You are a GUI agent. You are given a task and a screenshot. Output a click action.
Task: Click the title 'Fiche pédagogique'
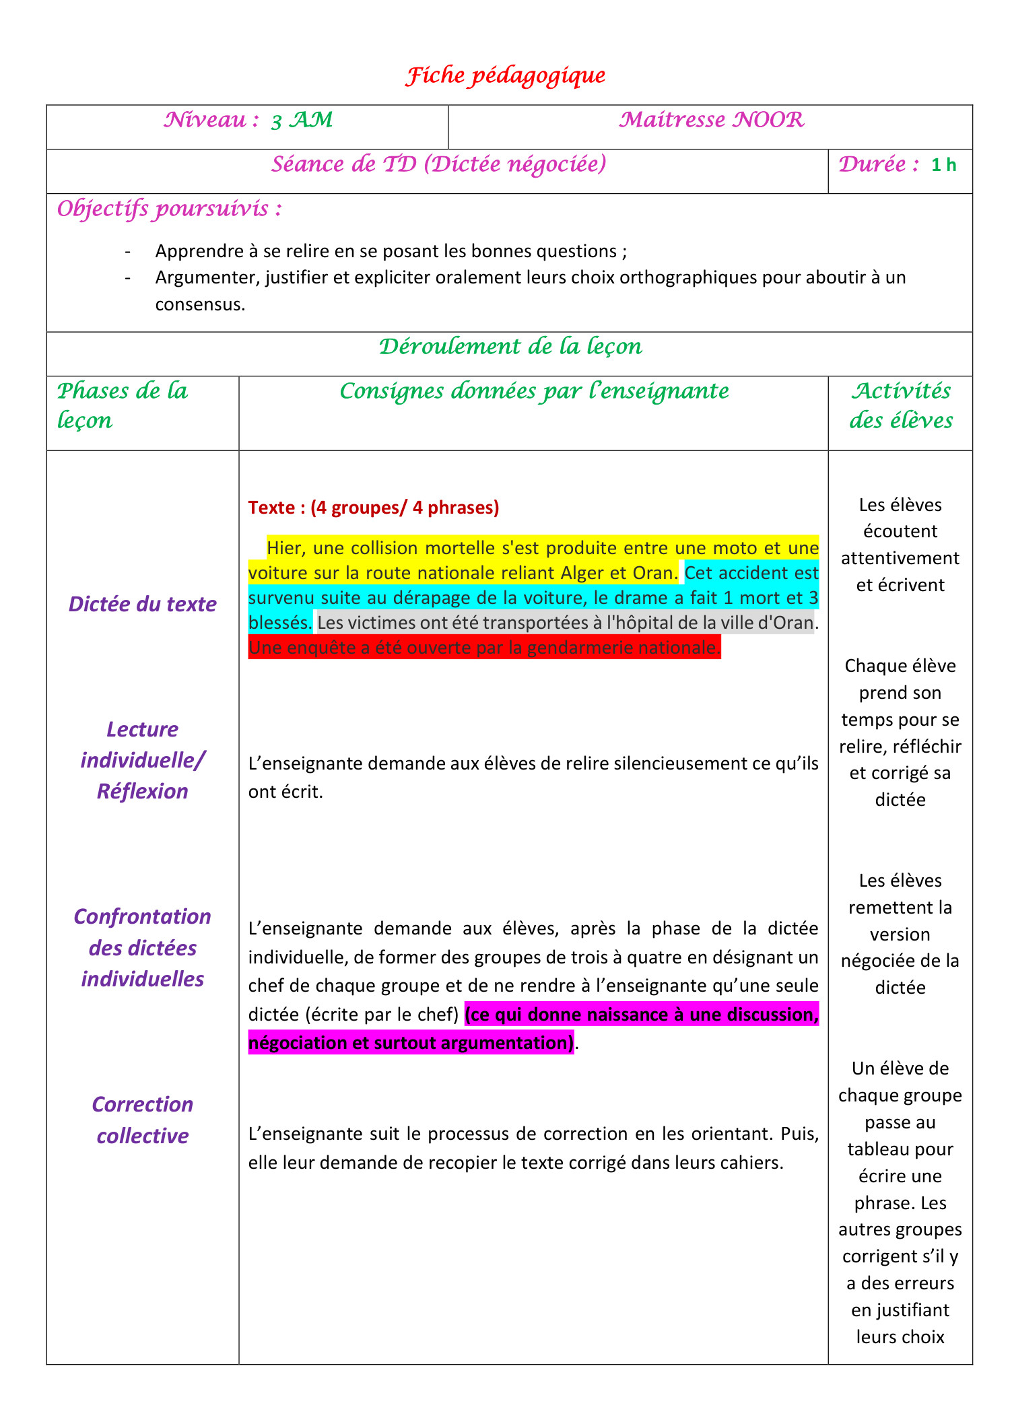pos(505,75)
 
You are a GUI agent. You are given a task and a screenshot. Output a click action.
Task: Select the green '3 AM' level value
pos(302,121)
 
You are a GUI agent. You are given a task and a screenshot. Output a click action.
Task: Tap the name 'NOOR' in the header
pos(768,121)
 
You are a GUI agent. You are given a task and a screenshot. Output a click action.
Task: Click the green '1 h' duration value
pos(943,165)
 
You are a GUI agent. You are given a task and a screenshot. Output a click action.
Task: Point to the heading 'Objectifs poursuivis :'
pos(169,209)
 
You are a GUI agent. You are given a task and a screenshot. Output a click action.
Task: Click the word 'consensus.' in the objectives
pos(200,304)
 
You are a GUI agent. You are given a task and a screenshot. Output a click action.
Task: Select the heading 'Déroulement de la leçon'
pos(510,347)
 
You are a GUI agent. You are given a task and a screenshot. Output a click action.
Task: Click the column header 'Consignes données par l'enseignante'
pos(534,391)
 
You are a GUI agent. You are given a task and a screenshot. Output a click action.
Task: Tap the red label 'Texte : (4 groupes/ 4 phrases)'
pos(374,508)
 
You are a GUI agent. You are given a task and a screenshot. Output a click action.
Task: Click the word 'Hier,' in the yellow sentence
pos(286,548)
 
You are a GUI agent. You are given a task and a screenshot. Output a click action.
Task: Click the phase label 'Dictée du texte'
pos(142,604)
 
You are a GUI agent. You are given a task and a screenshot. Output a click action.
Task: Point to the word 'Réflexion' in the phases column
pos(142,791)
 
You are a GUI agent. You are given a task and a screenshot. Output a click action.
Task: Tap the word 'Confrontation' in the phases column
pos(142,917)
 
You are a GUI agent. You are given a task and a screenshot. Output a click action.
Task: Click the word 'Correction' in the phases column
pos(142,1105)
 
